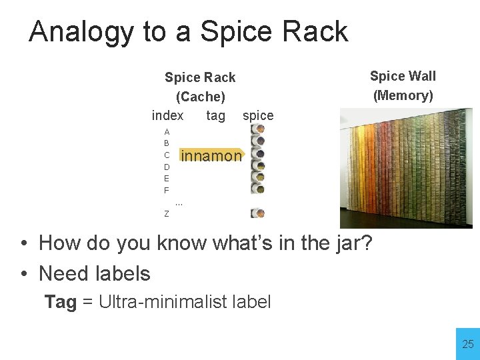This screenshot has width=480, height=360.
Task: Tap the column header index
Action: [x=167, y=115]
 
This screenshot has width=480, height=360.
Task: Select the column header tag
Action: [x=215, y=115]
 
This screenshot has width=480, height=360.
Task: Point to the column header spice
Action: [x=258, y=115]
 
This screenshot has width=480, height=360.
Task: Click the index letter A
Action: [x=167, y=132]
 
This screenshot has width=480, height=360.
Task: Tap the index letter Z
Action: [x=167, y=214]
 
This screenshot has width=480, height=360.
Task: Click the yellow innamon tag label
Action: [x=211, y=156]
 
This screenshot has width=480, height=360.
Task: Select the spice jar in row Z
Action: [x=257, y=213]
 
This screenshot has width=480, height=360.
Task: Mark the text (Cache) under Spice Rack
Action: [x=200, y=97]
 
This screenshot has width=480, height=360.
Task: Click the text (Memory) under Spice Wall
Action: [x=403, y=95]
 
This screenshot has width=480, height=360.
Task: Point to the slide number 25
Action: [x=468, y=344]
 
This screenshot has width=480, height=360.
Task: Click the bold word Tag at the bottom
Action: [x=61, y=302]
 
